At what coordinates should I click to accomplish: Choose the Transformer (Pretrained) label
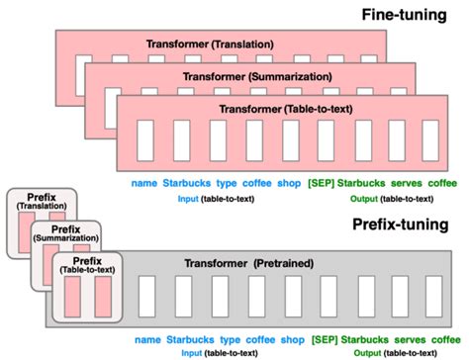[x=240, y=264]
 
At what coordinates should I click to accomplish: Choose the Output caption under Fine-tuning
[x=388, y=198]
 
